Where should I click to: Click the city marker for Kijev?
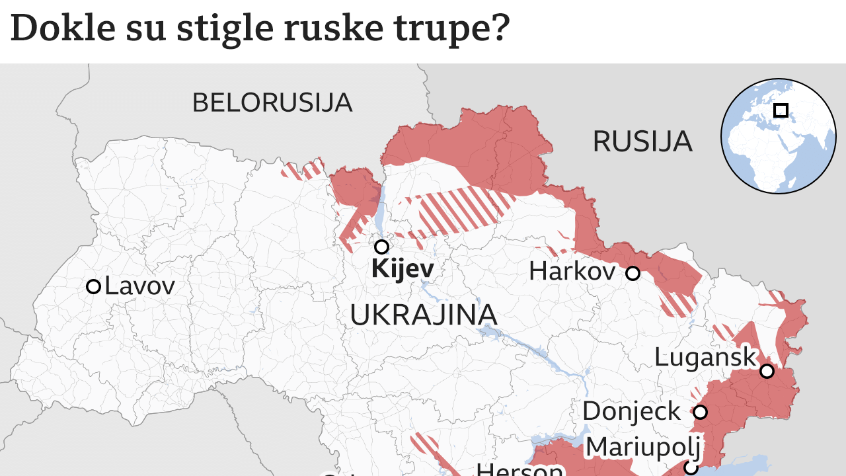pyautogui.click(x=381, y=247)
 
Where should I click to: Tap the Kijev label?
pyautogui.click(x=403, y=269)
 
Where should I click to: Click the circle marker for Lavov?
pyautogui.click(x=93, y=286)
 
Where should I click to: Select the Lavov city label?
pyautogui.click(x=139, y=286)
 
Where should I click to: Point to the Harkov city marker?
pyautogui.click(x=633, y=273)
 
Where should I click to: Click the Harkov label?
pyautogui.click(x=572, y=271)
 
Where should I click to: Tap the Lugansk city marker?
pyautogui.click(x=767, y=371)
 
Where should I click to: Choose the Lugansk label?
pyautogui.click(x=705, y=358)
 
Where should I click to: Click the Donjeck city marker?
pyautogui.click(x=700, y=413)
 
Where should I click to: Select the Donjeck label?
pyautogui.click(x=631, y=411)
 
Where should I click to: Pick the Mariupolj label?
pyautogui.click(x=643, y=447)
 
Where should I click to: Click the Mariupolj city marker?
pyautogui.click(x=690, y=468)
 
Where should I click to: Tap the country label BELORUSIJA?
pyautogui.click(x=272, y=103)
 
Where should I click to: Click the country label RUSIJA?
pyautogui.click(x=642, y=141)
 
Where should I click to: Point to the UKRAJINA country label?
pyautogui.click(x=423, y=315)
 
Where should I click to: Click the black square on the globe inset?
pyautogui.click(x=781, y=110)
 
